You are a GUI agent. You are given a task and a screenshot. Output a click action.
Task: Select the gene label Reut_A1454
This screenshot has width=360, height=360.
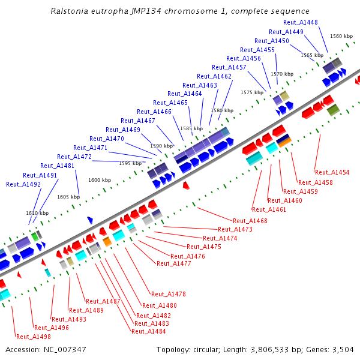tap(332, 172)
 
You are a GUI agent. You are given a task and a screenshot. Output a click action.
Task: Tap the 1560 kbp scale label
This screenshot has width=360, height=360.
tap(341, 36)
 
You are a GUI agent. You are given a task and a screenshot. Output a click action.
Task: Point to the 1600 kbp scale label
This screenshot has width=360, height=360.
tap(100, 180)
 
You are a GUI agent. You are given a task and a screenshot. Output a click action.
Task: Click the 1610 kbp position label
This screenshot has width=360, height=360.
tap(37, 213)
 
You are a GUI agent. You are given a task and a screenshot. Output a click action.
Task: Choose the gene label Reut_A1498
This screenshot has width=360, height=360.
tap(34, 337)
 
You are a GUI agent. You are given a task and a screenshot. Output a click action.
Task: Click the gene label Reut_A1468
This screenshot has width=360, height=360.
tap(250, 221)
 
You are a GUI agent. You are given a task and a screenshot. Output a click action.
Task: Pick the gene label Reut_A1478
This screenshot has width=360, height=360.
tap(169, 294)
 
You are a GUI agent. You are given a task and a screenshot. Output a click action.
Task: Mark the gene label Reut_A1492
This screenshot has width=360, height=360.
tap(23, 184)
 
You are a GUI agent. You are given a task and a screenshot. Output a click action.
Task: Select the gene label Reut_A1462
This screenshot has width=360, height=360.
tap(214, 76)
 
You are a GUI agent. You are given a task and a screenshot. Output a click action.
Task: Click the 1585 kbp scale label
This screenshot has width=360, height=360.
tap(191, 128)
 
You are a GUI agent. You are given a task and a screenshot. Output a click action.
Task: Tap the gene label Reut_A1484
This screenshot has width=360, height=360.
tap(149, 331)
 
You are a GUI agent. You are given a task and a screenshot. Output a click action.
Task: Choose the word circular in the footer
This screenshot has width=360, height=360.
tap(205, 349)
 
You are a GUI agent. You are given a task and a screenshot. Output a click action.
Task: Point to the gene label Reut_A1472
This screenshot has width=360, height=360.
tap(74, 157)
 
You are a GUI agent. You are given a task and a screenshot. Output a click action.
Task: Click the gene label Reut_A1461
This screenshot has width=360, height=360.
tap(269, 209)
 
